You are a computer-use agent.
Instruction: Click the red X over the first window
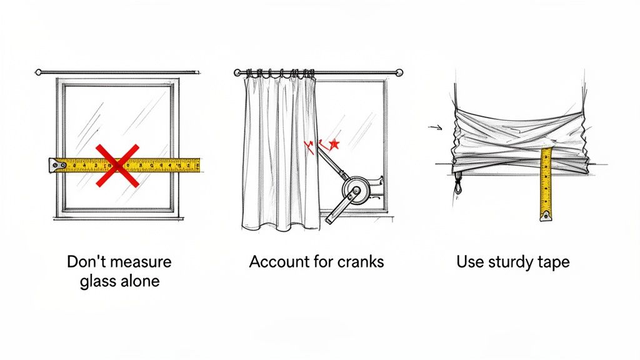coord(117,165)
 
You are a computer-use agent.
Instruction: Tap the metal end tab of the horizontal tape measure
coord(57,165)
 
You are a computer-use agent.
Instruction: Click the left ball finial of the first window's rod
coord(38,72)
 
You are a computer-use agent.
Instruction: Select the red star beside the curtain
coord(334,144)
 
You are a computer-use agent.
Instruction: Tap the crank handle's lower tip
coord(329,219)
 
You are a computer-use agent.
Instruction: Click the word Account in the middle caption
coord(277,261)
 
